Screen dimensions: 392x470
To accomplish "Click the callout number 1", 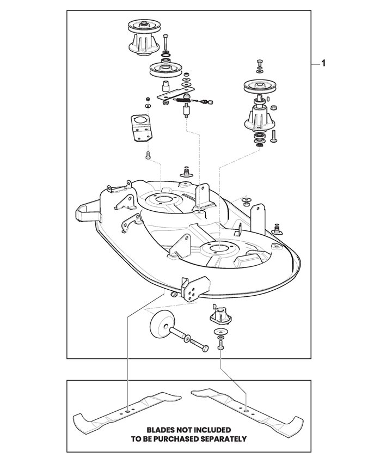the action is pos(323,63).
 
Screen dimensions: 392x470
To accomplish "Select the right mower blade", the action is pos(247,411).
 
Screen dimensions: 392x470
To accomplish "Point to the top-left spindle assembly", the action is pos(145,37).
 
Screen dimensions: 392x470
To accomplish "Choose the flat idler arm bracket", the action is pos(176,94).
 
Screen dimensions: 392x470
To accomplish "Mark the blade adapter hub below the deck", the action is pos(220,316).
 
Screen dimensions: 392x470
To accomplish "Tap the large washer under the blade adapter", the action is pos(221,332).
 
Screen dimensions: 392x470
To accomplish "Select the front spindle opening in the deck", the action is pos(219,248).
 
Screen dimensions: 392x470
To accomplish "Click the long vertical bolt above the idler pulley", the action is pos(166,42).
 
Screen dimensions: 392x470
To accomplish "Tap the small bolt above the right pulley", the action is pos(259,64).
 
